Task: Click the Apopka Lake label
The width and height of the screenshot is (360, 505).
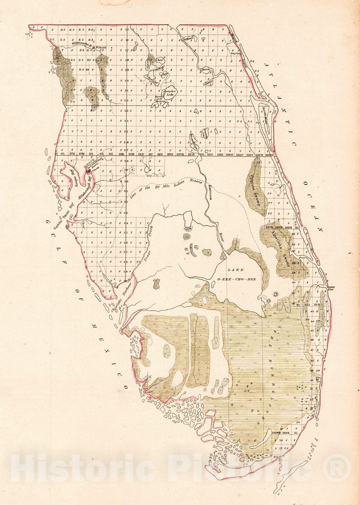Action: click(x=170, y=92)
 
